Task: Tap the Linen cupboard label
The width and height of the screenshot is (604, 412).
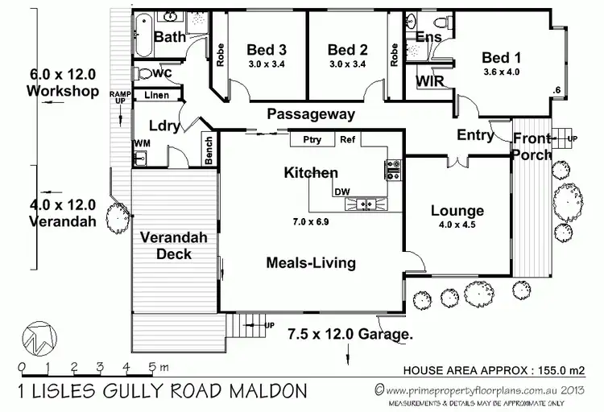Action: pos(158,96)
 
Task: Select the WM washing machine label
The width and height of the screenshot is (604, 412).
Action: pos(141,143)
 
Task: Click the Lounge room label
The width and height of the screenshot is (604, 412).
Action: pos(457,211)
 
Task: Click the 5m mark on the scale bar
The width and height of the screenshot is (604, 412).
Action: pos(154,368)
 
